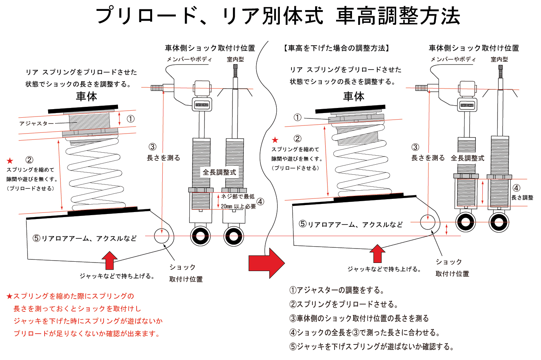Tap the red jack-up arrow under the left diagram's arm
(x=110, y=260)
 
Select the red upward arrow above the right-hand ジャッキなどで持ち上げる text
(x=377, y=254)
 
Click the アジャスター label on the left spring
(x=36, y=123)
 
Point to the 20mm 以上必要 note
(x=238, y=207)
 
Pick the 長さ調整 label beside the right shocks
(x=522, y=197)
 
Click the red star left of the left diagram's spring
(x=10, y=160)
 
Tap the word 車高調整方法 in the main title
(x=398, y=16)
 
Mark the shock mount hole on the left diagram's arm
(x=161, y=236)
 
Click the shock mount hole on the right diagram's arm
(x=428, y=222)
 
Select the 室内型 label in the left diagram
(x=235, y=59)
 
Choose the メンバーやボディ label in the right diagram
(x=453, y=59)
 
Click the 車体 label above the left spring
(x=87, y=96)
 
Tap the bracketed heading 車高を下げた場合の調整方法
(x=336, y=48)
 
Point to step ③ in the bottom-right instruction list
(x=359, y=318)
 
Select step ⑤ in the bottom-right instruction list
(x=371, y=346)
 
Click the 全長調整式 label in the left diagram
(x=219, y=172)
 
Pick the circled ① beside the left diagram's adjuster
(x=131, y=119)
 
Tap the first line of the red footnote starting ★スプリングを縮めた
(x=70, y=296)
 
